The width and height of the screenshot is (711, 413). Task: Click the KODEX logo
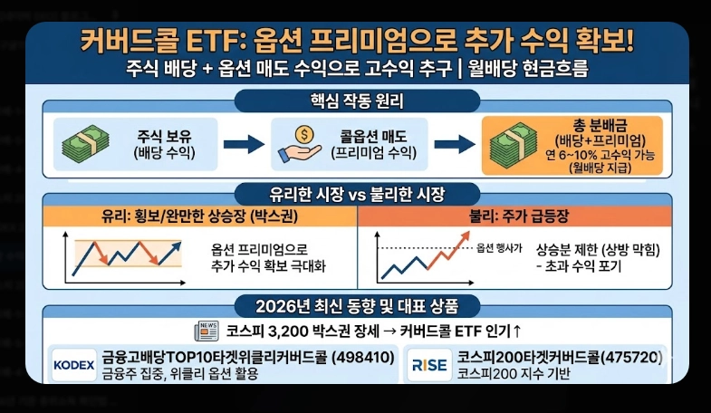(x=74, y=364)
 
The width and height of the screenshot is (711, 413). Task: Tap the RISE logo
(x=428, y=364)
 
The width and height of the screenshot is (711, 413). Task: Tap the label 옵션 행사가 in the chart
(x=498, y=247)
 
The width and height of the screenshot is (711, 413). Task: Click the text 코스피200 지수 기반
(x=514, y=373)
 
